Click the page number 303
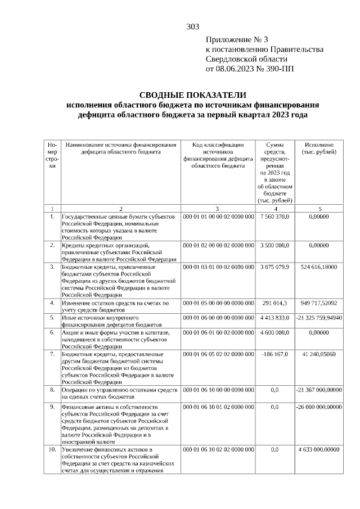(193, 26)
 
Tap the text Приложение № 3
(237, 39)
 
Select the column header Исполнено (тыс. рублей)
(319, 148)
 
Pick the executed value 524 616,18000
(319, 267)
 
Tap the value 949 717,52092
(319, 303)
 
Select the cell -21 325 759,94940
(319, 318)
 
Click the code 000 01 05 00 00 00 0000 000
(218, 303)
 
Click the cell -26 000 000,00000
(319, 406)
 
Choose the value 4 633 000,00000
(319, 449)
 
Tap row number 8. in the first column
(52, 389)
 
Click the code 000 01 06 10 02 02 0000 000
(218, 449)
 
